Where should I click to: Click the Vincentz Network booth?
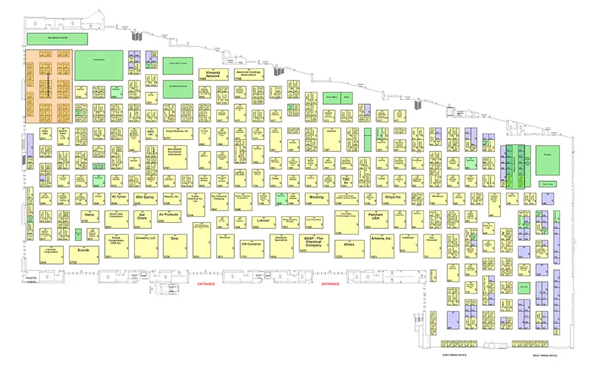[213, 74]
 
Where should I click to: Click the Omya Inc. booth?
[393, 198]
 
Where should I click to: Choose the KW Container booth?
[249, 246]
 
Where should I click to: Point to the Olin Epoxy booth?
[145, 198]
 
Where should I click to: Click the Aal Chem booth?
[142, 216]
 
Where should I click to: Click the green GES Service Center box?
[58, 39]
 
